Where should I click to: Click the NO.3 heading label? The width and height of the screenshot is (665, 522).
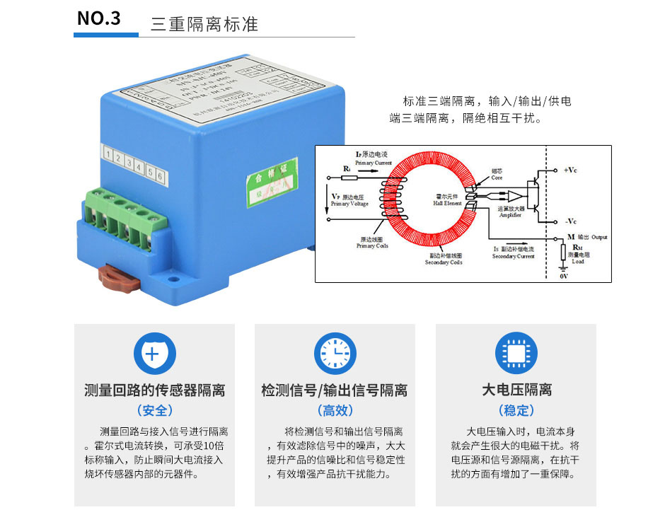pyautogui.click(x=99, y=18)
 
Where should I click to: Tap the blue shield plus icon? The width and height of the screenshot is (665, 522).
pyautogui.click(x=154, y=353)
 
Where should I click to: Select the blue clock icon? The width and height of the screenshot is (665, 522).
pyautogui.click(x=335, y=353)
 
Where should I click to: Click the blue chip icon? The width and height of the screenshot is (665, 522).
pyautogui.click(x=516, y=353)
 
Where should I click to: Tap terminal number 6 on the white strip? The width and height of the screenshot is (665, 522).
pyautogui.click(x=161, y=175)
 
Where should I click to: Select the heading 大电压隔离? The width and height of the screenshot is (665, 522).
pyautogui.click(x=516, y=390)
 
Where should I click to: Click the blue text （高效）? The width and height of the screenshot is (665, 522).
pyautogui.click(x=335, y=411)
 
